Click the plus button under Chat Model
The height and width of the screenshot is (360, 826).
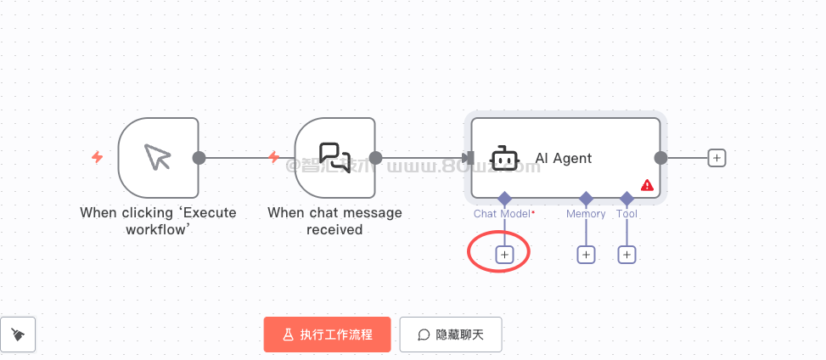pyautogui.click(x=504, y=255)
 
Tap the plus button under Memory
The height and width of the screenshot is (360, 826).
pyautogui.click(x=586, y=255)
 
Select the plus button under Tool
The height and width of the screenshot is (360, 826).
pyautogui.click(x=627, y=255)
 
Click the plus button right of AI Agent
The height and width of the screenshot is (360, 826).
pyautogui.click(x=716, y=158)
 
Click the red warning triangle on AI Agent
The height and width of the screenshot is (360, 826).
pyautogui.click(x=647, y=184)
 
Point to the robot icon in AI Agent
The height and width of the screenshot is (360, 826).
pyautogui.click(x=505, y=158)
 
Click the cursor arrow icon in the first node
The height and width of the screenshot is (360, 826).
pyautogui.click(x=158, y=157)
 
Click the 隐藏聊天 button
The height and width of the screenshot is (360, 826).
pyautogui.click(x=451, y=335)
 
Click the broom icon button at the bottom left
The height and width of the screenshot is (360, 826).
pyautogui.click(x=18, y=335)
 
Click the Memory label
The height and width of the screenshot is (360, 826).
pyautogui.click(x=586, y=214)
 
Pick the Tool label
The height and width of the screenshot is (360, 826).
pyautogui.click(x=627, y=214)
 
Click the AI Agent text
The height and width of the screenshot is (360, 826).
pyautogui.click(x=563, y=158)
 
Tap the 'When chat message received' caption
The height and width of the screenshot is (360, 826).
pyautogui.click(x=334, y=221)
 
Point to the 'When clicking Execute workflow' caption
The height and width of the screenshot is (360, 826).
pyautogui.click(x=158, y=221)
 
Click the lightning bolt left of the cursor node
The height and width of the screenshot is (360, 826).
pyautogui.click(x=98, y=157)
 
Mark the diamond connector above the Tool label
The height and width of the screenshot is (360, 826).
pyautogui.click(x=627, y=198)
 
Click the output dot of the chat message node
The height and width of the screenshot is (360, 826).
pyautogui.click(x=375, y=158)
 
